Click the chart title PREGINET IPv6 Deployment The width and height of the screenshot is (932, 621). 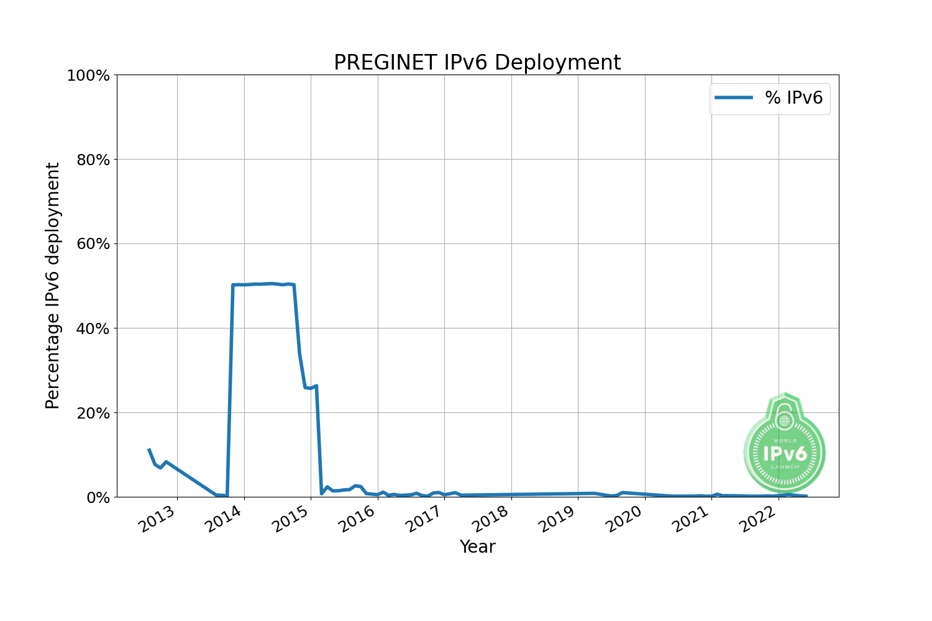click(477, 63)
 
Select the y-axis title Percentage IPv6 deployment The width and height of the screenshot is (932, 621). click(53, 286)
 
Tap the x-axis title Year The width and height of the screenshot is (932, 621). click(477, 547)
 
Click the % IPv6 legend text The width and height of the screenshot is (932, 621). click(793, 98)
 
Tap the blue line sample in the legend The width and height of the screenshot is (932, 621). click(734, 98)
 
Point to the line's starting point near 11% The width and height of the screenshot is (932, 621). click(149, 450)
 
